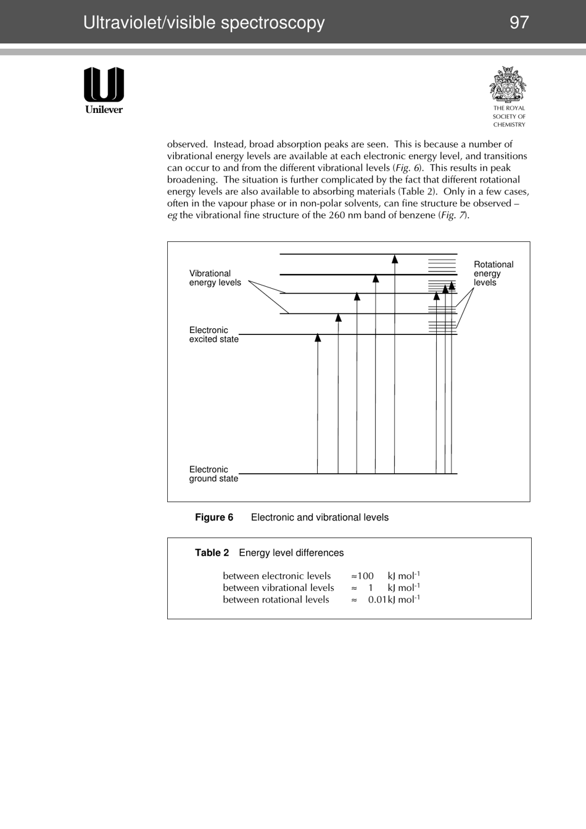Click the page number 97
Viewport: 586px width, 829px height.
point(519,23)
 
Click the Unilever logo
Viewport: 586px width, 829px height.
point(104,90)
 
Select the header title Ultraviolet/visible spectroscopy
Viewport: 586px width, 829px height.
point(204,23)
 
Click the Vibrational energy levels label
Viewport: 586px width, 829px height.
point(215,278)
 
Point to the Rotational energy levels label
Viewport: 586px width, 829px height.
point(493,273)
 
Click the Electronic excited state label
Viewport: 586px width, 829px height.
point(213,335)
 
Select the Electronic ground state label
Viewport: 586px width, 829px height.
point(213,474)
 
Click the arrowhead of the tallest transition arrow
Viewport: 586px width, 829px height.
point(395,259)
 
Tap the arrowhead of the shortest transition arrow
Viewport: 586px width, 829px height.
point(318,337)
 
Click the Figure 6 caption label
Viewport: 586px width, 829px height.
point(214,518)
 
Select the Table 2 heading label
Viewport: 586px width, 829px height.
point(212,553)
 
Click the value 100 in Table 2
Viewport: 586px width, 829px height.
point(365,576)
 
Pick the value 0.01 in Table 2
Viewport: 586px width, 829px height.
point(377,600)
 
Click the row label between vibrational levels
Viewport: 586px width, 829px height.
point(278,588)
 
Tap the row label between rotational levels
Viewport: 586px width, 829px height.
point(276,600)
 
